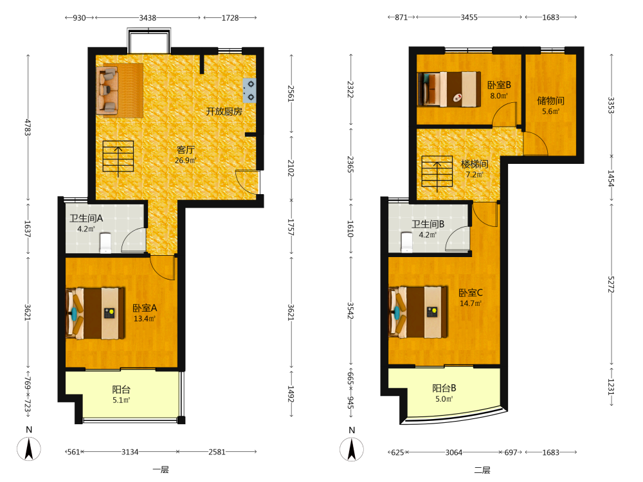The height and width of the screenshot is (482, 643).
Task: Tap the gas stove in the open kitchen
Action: point(249,91)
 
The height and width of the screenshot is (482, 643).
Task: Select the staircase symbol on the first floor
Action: point(118,157)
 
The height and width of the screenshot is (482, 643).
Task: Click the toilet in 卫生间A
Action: point(105,243)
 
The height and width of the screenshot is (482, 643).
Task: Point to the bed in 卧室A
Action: point(96,313)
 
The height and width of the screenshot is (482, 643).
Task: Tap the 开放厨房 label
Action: point(224,111)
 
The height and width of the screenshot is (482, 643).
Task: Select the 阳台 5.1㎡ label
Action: point(122,395)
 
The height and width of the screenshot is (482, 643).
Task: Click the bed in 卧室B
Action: point(449,89)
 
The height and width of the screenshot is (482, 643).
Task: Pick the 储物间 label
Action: point(551,101)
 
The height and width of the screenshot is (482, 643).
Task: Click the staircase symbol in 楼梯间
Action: point(437,172)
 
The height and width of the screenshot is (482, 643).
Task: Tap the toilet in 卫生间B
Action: point(406,242)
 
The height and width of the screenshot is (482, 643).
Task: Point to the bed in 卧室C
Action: point(419,312)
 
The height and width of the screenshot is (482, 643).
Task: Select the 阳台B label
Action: point(444,388)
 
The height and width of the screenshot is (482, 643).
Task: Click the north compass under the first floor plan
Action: point(29,449)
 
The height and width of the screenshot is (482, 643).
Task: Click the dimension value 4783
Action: point(28,127)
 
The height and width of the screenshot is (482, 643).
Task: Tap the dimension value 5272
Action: point(611,283)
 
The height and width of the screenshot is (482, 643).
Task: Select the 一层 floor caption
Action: point(160,470)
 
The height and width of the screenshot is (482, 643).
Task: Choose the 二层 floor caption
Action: point(482,470)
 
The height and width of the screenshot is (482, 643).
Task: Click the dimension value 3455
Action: point(469,17)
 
